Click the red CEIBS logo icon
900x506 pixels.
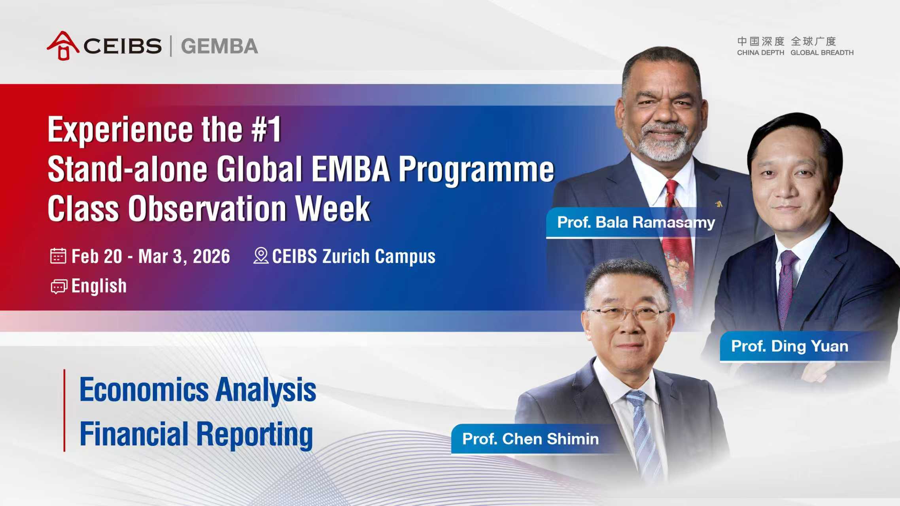coord(62,46)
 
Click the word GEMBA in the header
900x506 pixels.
coord(219,46)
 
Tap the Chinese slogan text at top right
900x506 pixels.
coord(786,41)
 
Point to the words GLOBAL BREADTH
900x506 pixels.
coord(822,53)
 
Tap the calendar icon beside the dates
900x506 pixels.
coord(58,256)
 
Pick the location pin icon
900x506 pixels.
coord(261,255)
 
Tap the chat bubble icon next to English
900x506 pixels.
coord(59,287)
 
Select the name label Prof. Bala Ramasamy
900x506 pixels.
coord(635,223)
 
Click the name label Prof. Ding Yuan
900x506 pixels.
coord(789,346)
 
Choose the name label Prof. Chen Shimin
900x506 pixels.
coord(530,439)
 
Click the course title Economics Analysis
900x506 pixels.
coord(198,390)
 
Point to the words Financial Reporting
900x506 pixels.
coord(196,434)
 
